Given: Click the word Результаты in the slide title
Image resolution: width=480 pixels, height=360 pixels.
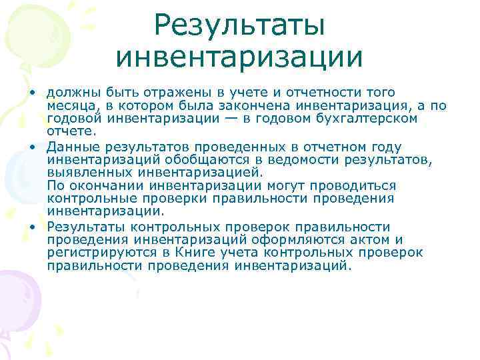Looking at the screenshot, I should point(239,26).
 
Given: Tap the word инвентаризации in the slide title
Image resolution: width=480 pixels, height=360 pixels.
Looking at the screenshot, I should point(239,57).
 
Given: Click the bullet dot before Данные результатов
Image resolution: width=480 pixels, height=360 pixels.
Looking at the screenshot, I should point(31,146).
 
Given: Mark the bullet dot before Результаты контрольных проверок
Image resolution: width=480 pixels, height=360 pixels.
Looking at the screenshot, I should point(31,226).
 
